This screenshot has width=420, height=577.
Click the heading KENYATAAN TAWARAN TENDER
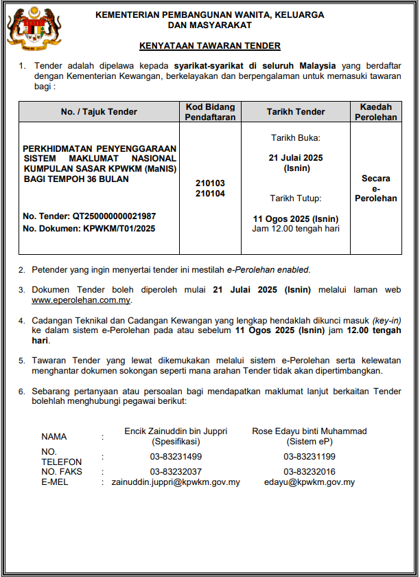[209, 46]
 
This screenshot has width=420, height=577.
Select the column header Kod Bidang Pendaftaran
[210, 112]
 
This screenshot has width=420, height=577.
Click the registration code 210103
[210, 184]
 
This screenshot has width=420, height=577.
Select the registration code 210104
[210, 194]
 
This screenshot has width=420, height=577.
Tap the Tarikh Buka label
[296, 138]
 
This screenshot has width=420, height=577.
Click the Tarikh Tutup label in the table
[296, 199]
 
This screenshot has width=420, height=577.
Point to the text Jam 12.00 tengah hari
[296, 229]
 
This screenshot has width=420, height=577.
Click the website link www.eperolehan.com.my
[81, 300]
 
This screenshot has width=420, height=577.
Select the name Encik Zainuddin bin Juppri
[176, 431]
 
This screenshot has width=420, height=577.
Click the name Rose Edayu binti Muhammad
[310, 431]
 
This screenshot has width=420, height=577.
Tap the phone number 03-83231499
[176, 457]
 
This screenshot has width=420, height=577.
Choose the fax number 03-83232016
[310, 472]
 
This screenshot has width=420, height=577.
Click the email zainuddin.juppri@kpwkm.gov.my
[176, 482]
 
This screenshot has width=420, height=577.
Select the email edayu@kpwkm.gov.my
[310, 482]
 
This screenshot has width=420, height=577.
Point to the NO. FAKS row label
[62, 472]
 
